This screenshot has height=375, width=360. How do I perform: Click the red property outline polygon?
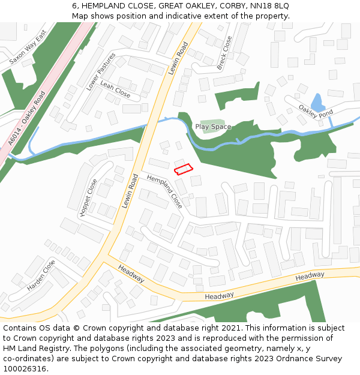(183, 169)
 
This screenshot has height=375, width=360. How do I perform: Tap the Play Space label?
(213, 127)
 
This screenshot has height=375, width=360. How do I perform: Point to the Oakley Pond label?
(316, 112)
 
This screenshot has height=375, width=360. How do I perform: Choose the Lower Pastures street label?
(101, 71)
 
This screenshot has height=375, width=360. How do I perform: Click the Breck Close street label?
(224, 53)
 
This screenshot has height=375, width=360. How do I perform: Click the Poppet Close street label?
(88, 197)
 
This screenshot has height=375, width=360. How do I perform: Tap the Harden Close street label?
(41, 275)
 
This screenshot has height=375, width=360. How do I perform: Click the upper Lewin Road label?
(178, 58)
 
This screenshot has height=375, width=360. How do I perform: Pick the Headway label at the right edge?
(310, 275)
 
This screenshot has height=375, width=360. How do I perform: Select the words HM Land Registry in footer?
(32, 348)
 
